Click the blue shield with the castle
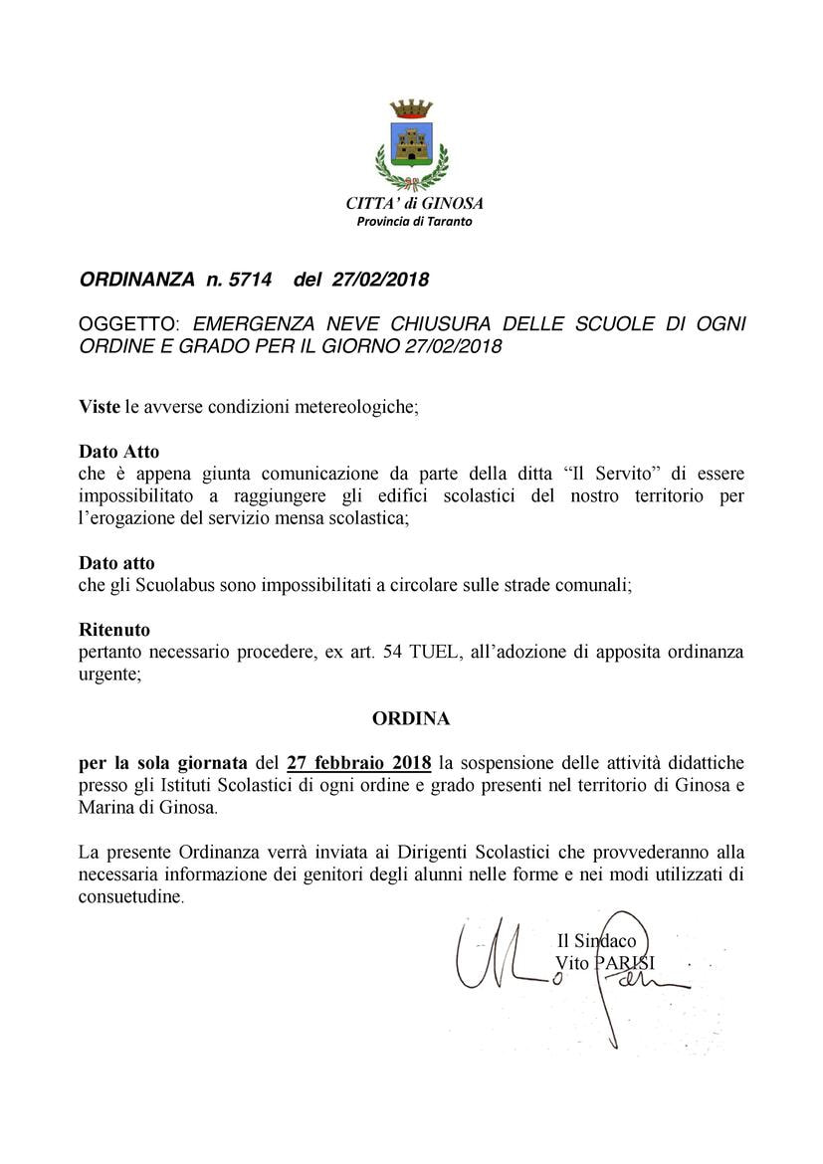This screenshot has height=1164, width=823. [x=411, y=145]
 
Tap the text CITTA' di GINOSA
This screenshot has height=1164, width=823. [x=414, y=203]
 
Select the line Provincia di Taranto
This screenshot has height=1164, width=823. [x=414, y=221]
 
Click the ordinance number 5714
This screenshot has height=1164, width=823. [x=249, y=280]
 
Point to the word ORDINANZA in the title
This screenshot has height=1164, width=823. [x=137, y=280]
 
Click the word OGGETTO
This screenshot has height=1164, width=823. [x=129, y=324]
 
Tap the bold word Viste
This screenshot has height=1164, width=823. [x=99, y=407]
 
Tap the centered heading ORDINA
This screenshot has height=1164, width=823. [x=411, y=717]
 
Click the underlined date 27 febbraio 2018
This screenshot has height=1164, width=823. [x=358, y=763]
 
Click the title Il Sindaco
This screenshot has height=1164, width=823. [x=596, y=940]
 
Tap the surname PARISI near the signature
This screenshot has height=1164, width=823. [x=626, y=962]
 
